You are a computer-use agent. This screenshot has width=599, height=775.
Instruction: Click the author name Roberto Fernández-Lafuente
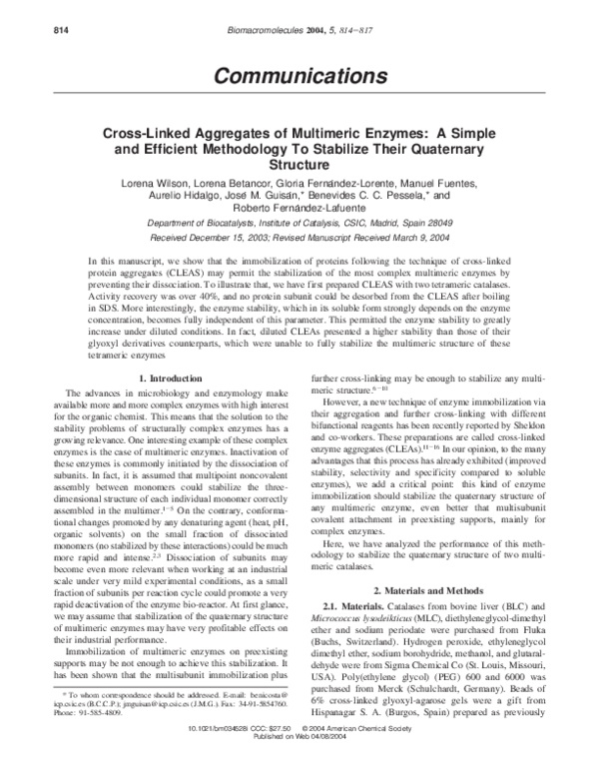pyautogui.click(x=299, y=211)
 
